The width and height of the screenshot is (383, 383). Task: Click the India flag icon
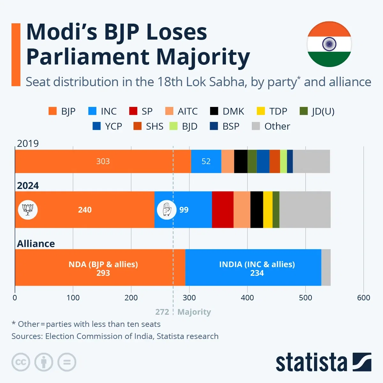329,44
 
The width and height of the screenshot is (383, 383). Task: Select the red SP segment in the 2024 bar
222,210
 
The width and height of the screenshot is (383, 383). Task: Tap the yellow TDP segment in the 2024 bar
268,210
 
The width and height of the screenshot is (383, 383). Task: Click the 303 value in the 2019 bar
103,161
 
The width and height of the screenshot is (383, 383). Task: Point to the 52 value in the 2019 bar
206,161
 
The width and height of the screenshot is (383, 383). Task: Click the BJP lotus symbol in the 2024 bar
28,210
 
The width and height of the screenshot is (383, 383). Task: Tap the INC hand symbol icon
167,210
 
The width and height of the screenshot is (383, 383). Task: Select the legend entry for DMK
227,111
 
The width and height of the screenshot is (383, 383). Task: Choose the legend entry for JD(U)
317,111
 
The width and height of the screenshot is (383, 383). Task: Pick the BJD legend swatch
174,126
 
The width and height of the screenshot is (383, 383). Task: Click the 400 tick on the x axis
247,297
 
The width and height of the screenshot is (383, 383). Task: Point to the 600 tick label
363,297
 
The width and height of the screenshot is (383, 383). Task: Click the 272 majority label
162,312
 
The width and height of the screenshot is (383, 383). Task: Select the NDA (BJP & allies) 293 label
103,268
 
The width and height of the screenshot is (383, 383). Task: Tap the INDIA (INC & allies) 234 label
257,268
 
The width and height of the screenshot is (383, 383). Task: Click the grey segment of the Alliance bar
326,267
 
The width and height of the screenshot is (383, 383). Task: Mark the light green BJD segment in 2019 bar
283,161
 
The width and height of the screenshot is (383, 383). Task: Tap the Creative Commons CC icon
21,362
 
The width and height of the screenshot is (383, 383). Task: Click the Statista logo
323,362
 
